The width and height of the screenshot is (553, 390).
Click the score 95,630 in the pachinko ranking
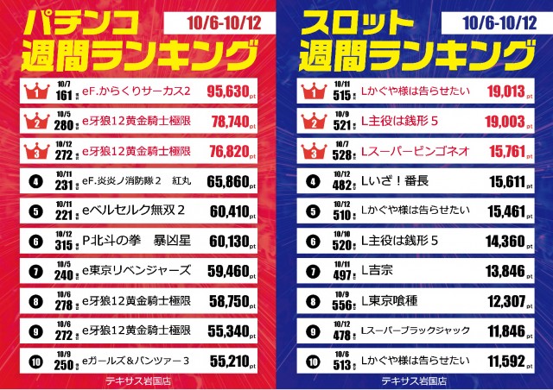(x=230, y=90)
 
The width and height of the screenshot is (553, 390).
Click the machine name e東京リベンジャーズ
(x=137, y=270)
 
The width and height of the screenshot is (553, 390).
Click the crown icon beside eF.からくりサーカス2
(x=35, y=90)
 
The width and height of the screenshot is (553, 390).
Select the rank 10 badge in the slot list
(x=312, y=358)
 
